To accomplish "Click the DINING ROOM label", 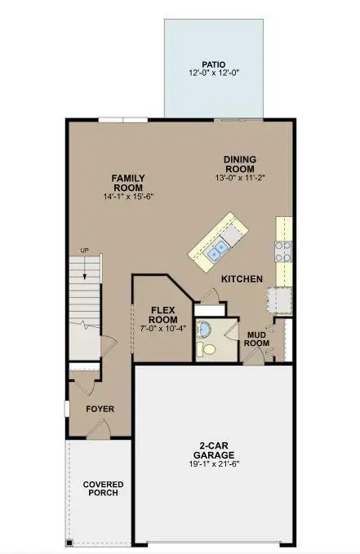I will click(241, 166).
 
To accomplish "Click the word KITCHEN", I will click(242, 279).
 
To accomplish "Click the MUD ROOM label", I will click(257, 339).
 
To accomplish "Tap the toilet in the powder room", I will click(209, 348).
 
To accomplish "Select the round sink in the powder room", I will click(206, 329).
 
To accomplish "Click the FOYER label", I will click(101, 409).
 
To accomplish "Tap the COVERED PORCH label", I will click(103, 488).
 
